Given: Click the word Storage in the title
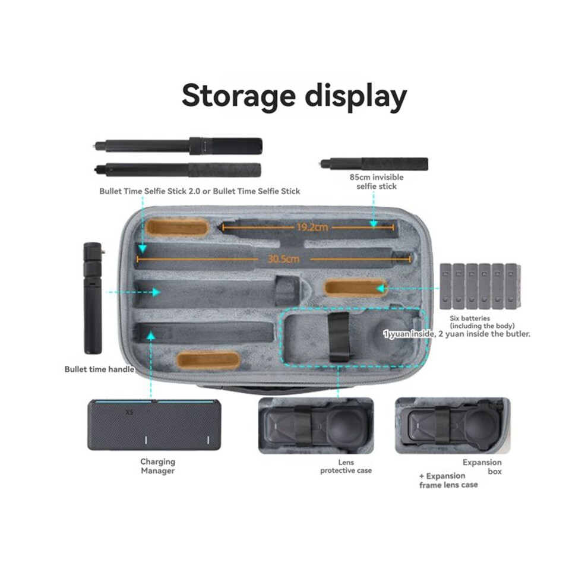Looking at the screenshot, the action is click(239, 96).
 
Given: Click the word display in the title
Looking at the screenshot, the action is click(356, 96).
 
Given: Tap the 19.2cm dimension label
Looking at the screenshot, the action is click(312, 227).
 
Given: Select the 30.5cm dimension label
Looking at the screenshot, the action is click(283, 259).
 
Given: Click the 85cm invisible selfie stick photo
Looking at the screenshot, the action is click(374, 165).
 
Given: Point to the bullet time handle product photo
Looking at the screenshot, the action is click(93, 298).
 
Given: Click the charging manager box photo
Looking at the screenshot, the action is click(154, 425).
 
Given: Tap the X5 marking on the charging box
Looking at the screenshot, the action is click(129, 413).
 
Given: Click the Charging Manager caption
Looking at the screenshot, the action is click(158, 466).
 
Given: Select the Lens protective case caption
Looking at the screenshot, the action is click(346, 466).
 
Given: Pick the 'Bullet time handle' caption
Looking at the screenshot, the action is click(99, 369).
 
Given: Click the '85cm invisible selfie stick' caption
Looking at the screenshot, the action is click(377, 182).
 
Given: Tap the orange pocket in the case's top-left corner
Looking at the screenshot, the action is click(176, 227).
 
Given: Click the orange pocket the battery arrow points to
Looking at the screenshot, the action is click(355, 288).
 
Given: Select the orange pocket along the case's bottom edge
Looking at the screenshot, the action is click(208, 361).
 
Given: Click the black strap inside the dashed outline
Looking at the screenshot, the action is click(340, 337).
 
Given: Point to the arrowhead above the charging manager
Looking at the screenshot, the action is click(151, 335).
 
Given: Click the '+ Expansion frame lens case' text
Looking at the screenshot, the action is click(448, 480).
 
